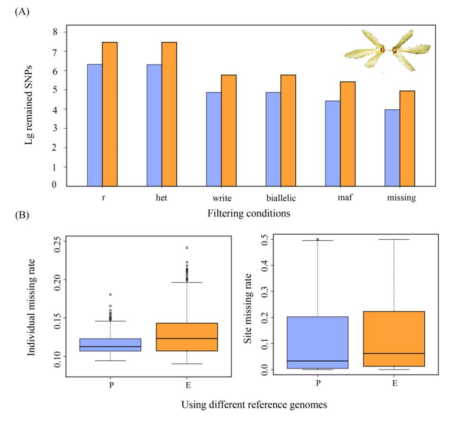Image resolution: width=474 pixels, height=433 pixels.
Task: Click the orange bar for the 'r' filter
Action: pyautogui.click(x=110, y=114)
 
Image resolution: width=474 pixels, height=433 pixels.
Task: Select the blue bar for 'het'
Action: pyautogui.click(x=155, y=125)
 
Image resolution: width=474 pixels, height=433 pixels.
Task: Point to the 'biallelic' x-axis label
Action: pyautogui.click(x=282, y=198)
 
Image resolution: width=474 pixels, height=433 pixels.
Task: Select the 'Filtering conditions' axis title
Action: pyautogui.click(x=249, y=214)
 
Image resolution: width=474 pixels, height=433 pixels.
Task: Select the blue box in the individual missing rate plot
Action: pyautogui.click(x=110, y=345)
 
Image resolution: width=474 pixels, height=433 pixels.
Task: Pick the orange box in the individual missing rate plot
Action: pyautogui.click(x=187, y=337)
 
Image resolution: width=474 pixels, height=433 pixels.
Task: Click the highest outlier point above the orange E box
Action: pyautogui.click(x=187, y=248)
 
